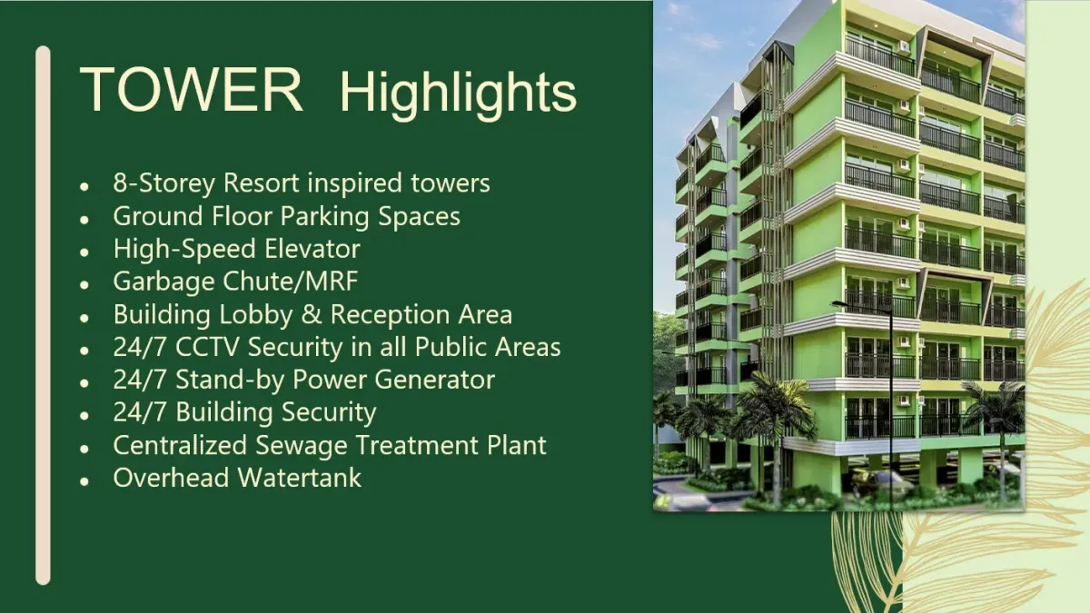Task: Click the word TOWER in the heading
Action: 192,90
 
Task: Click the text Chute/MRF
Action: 290,282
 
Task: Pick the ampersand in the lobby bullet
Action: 311,314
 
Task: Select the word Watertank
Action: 299,478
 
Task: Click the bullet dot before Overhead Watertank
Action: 84,481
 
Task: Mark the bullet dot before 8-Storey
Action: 84,187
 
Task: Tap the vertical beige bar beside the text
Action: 43,315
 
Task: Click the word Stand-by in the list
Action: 230,381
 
